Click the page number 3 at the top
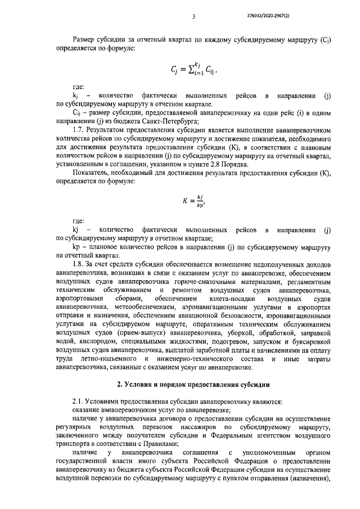click(193, 16)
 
